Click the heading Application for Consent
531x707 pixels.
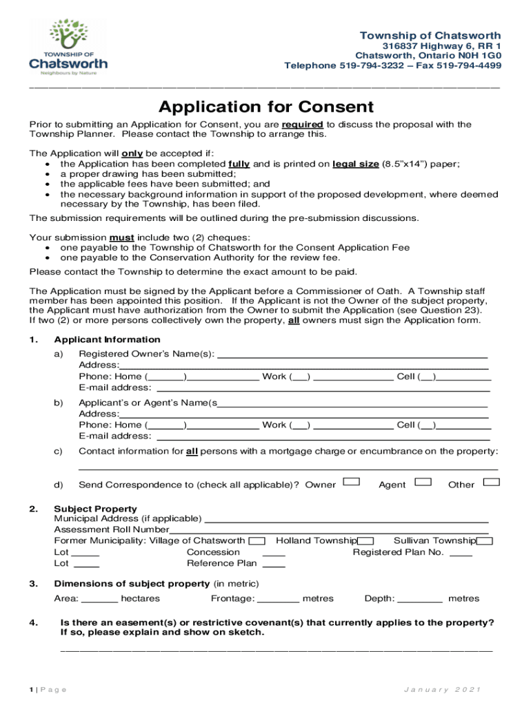pyautogui.click(x=265, y=107)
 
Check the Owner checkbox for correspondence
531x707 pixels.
pyautogui.click(x=352, y=481)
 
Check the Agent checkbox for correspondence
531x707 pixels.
pyautogui.click(x=423, y=481)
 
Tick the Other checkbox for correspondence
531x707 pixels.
pyautogui.click(x=491, y=481)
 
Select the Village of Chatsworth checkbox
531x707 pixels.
pyautogui.click(x=257, y=541)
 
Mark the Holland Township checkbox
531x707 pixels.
pyautogui.click(x=366, y=541)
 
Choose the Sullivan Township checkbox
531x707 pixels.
pyautogui.click(x=484, y=541)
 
